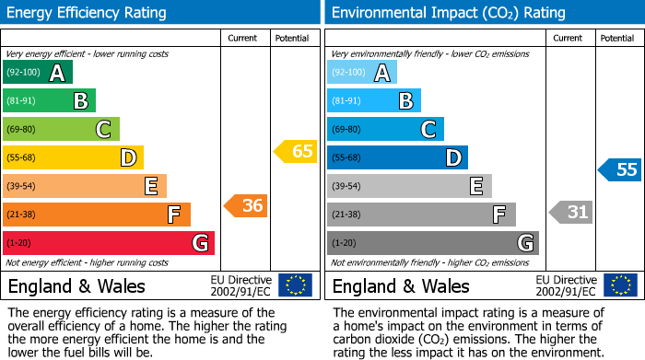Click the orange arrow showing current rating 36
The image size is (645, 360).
pos(246,206)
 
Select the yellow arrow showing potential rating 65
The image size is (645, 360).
pos(295,151)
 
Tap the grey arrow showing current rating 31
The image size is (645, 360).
pos(570,213)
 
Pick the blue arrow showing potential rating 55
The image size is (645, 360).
pos(619,169)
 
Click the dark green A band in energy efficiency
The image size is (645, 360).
pos(38,73)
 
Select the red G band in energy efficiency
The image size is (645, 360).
pos(109,243)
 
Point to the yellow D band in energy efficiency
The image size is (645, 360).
pos(73,157)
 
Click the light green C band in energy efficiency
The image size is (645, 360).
pos(61,129)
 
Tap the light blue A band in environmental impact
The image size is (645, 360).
pos(362,73)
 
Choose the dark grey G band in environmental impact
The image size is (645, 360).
pos(432,243)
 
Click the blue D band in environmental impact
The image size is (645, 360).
pos(397,157)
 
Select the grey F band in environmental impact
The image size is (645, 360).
pos(421,215)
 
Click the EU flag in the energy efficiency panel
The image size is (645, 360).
pos(295,285)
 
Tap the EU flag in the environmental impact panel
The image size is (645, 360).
pos(620,285)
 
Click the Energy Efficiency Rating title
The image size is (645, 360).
pos(88,13)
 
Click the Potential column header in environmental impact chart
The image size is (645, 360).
pos(616,38)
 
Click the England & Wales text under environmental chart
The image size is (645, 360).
pos(401,285)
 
